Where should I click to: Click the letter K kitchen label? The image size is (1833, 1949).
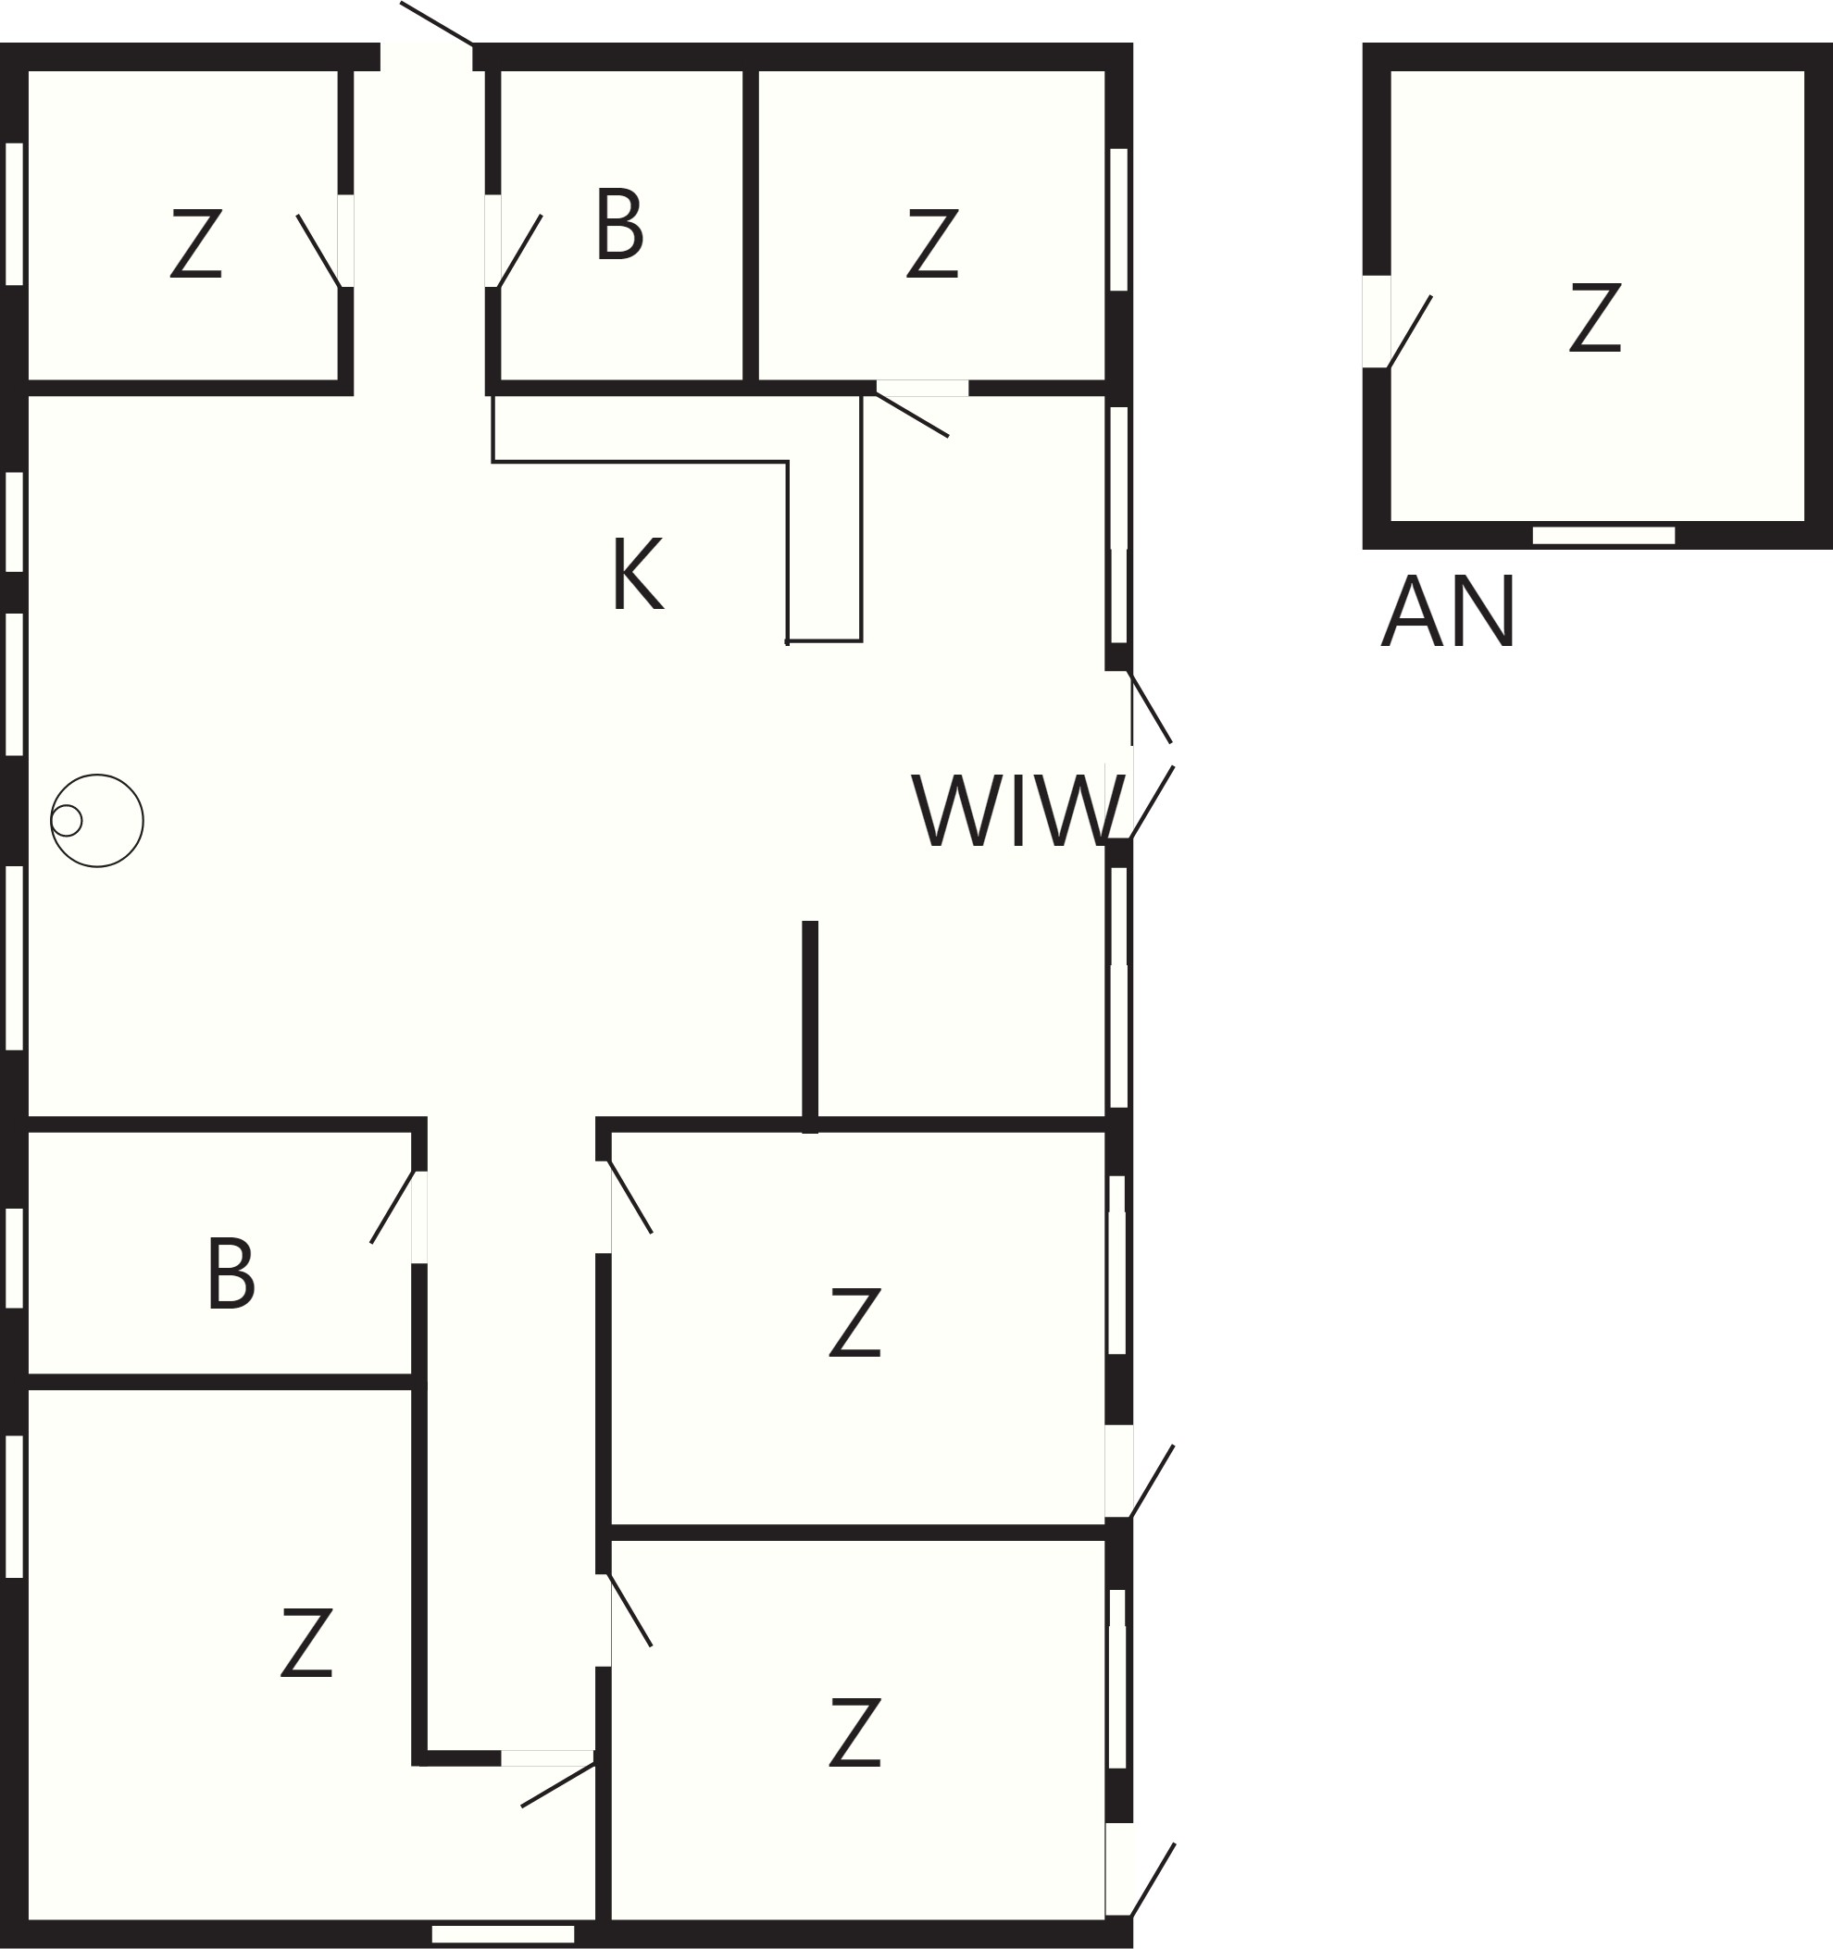click(638, 574)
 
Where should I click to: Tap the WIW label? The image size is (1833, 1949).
click(1018, 810)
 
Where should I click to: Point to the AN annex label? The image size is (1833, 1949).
click(1448, 611)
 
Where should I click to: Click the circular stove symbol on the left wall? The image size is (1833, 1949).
click(96, 821)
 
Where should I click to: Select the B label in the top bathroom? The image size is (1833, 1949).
click(618, 225)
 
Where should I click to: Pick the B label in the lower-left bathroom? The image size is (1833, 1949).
click(231, 1273)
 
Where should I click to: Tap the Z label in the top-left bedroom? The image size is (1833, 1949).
click(195, 243)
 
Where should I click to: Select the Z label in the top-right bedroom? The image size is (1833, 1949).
click(931, 243)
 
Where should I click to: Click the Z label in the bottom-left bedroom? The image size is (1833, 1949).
click(306, 1642)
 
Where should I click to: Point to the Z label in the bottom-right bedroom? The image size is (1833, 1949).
click(854, 1732)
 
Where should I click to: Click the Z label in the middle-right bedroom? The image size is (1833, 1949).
click(854, 1322)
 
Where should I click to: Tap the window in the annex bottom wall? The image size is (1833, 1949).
click(1603, 535)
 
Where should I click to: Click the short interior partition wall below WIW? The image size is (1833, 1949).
click(810, 1026)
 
